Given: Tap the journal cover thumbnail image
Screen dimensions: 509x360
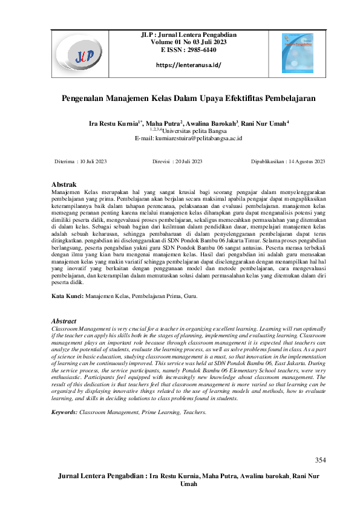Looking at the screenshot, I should [298, 53].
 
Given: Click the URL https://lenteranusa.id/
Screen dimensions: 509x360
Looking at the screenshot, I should [189, 65].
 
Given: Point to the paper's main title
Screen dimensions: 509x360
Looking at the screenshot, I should [189, 97].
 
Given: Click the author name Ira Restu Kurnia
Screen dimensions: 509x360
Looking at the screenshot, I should [114, 123].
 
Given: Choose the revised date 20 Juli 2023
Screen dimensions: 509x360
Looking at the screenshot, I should [189, 161].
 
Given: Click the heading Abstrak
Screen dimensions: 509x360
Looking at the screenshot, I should [64, 183].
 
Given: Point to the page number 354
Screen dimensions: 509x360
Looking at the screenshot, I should [320, 461].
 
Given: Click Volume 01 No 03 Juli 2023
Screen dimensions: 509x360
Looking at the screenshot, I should [188, 44].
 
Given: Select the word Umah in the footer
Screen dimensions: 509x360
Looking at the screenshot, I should [189, 485].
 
